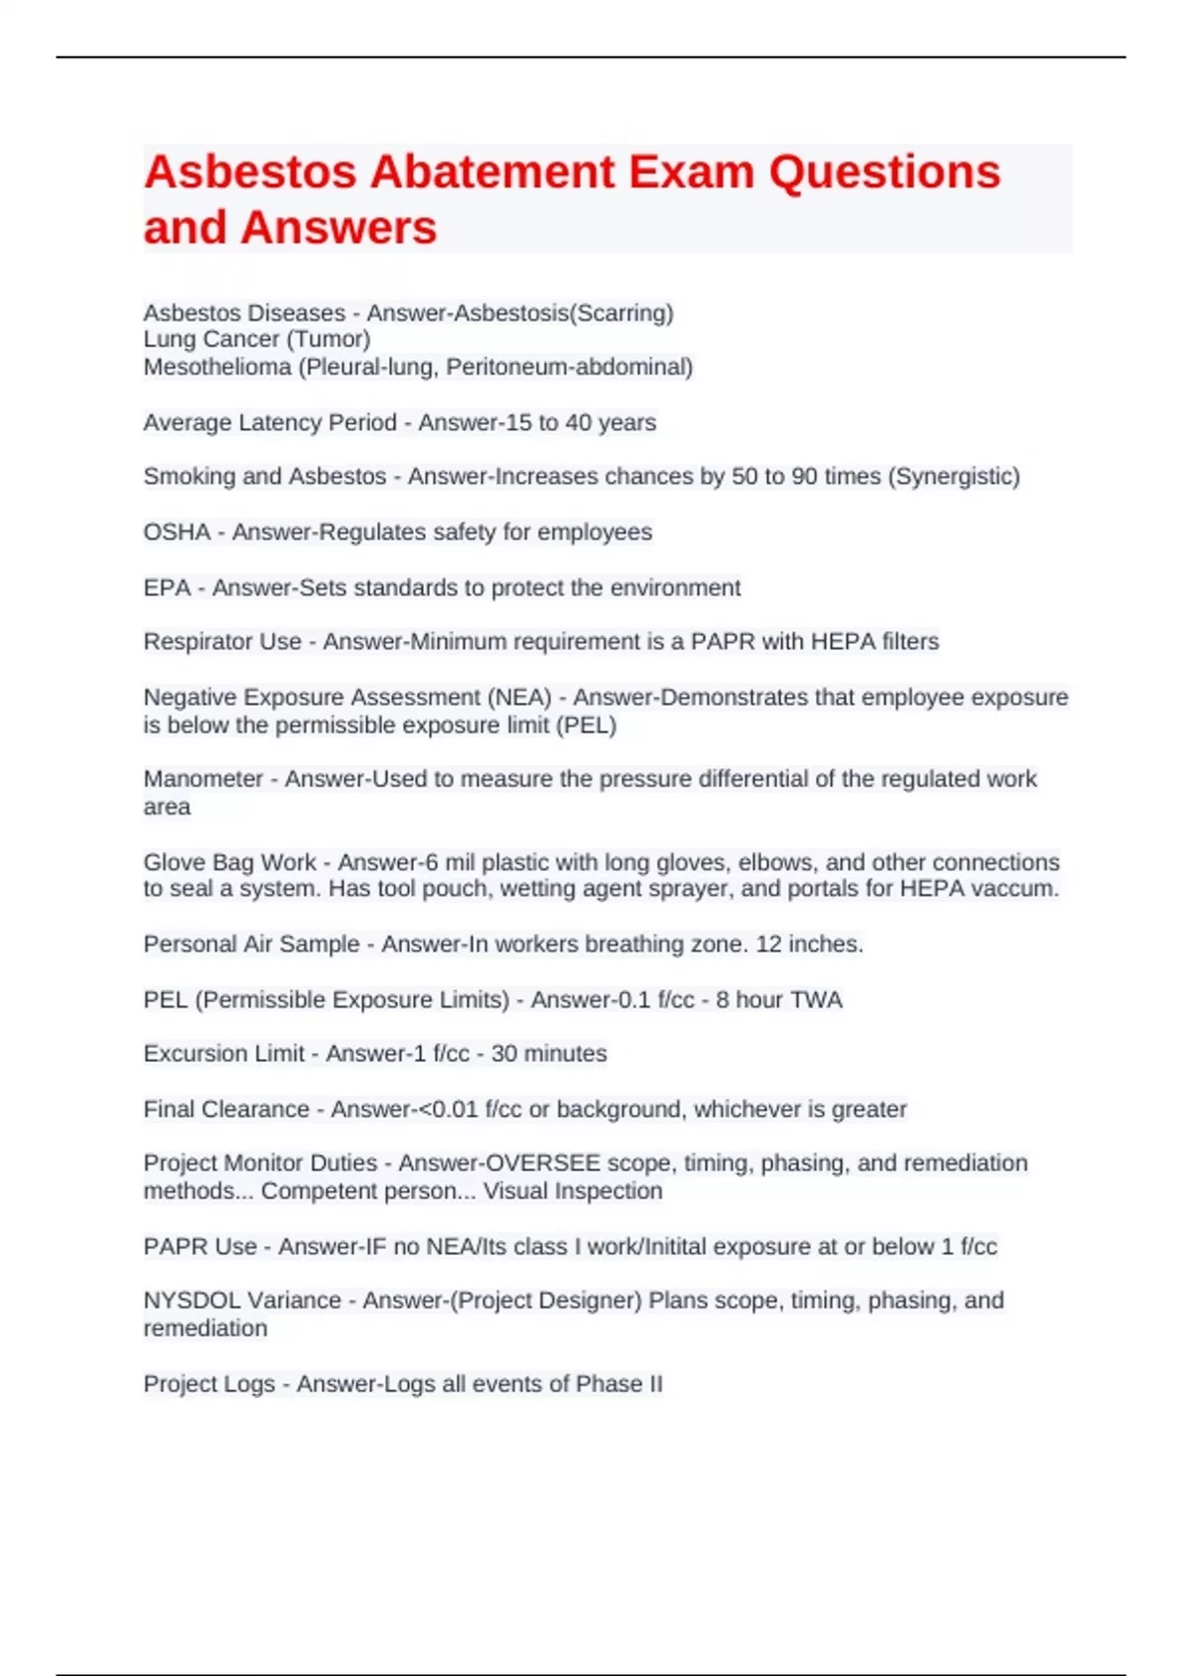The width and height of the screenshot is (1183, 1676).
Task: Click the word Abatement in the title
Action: (492, 173)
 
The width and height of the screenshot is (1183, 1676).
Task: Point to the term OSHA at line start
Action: (177, 532)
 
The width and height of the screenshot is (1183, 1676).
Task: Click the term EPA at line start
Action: (168, 589)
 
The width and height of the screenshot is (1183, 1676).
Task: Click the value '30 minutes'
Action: (549, 1054)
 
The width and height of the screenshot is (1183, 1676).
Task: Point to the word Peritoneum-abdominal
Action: (570, 368)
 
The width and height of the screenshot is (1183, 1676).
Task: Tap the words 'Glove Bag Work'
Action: (230, 863)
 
